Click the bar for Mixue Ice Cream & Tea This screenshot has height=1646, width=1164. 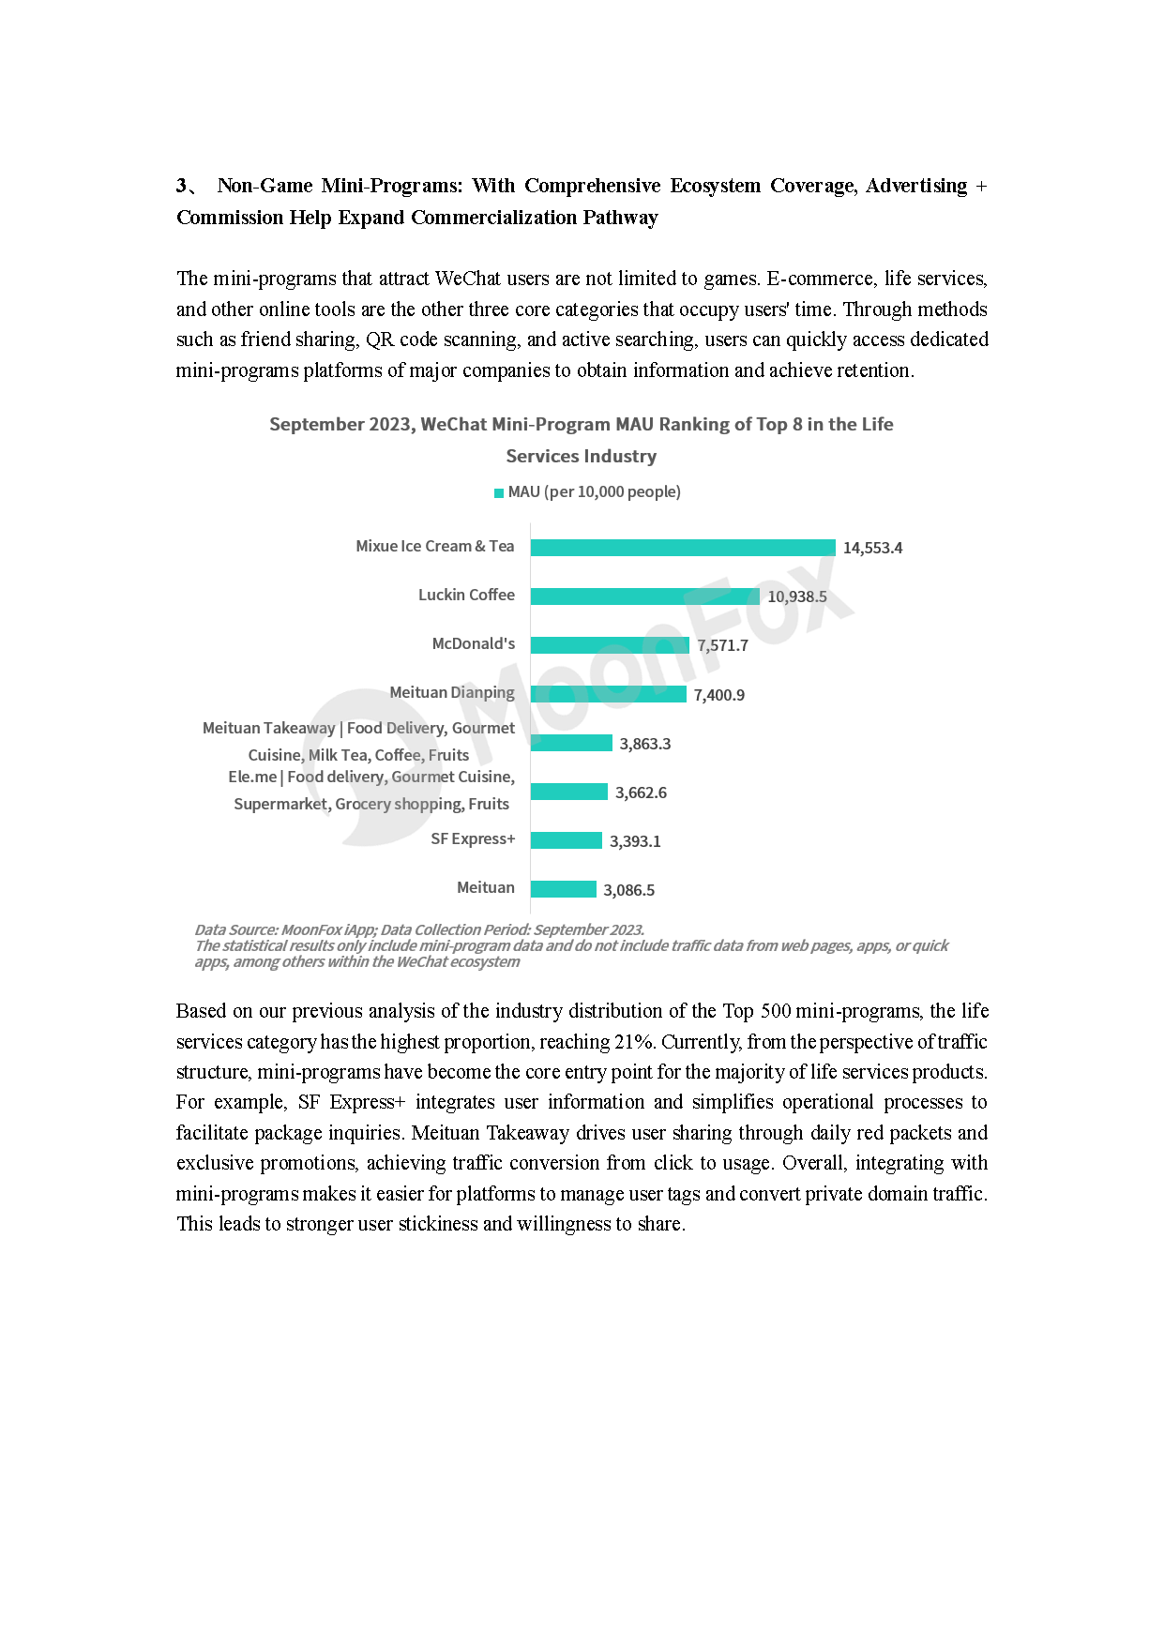coord(682,548)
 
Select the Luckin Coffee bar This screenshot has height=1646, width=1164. coord(644,596)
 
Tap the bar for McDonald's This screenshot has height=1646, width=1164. coord(610,645)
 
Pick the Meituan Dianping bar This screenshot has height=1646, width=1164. coord(608,694)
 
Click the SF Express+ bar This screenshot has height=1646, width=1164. coord(566,840)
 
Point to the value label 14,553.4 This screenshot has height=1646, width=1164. coord(872,548)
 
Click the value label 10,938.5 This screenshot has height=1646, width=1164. coord(797,596)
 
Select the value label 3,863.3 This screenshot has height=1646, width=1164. coord(644,744)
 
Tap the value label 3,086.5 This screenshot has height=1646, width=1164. coord(628,890)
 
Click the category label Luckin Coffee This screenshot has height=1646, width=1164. coord(466,595)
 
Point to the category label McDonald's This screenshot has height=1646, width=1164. coord(473,643)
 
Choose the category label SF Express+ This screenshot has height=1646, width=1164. coord(473,838)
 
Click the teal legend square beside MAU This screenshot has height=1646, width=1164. coord(499,492)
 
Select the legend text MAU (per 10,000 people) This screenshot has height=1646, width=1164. coord(594,491)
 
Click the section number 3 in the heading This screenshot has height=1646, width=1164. coord(181,186)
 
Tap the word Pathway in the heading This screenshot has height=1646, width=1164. coord(620,218)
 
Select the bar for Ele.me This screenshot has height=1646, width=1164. coord(568,792)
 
